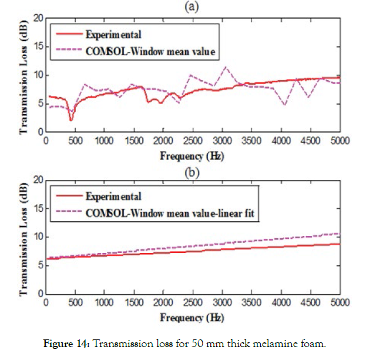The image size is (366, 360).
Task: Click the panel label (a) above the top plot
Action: point(192,6)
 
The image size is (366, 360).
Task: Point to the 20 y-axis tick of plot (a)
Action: point(39,18)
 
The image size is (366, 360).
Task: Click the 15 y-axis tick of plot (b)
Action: point(39,208)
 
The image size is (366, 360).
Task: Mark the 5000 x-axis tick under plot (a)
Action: point(340,141)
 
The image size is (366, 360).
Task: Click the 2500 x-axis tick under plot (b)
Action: point(193,302)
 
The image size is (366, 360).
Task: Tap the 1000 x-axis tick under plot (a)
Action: point(104,141)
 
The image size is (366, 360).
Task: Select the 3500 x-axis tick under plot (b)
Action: point(251,302)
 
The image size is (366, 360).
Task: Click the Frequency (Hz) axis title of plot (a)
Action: point(192,156)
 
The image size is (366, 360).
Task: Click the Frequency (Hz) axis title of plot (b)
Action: point(192,318)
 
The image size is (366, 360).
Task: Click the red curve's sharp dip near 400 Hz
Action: point(71,120)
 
